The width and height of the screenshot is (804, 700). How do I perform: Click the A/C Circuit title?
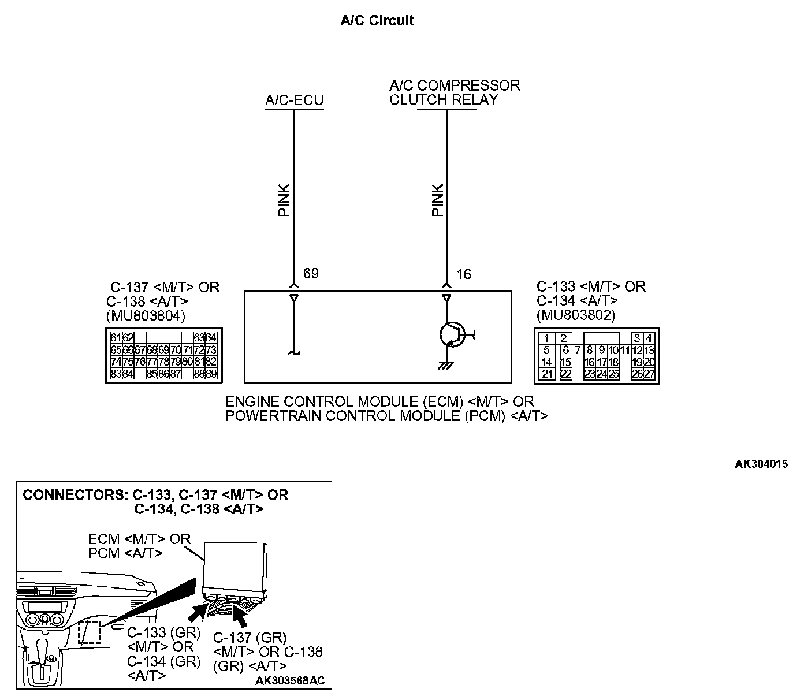tap(377, 21)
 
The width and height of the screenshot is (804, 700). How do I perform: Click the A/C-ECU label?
tap(294, 100)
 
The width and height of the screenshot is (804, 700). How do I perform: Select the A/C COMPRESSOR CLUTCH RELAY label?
tap(455, 92)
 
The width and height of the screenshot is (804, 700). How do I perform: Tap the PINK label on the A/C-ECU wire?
tap(284, 200)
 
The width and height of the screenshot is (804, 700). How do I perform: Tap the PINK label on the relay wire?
tap(437, 200)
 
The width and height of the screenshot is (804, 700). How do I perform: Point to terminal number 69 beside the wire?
tap(311, 273)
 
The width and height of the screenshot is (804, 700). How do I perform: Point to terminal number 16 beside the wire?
tap(464, 274)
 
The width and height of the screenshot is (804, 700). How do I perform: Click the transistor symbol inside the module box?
tap(451, 334)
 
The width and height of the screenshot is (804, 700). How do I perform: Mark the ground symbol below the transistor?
tap(445, 366)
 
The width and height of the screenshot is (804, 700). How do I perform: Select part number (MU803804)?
tap(146, 315)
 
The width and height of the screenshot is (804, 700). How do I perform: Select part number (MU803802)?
tap(576, 315)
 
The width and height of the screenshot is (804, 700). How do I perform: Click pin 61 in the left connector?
tap(116, 338)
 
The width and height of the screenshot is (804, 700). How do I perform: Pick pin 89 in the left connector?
tap(211, 374)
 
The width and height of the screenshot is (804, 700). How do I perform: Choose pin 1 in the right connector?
tap(546, 338)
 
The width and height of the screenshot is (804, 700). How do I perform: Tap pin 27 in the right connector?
tap(649, 374)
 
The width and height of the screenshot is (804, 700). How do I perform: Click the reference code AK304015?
tap(761, 464)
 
